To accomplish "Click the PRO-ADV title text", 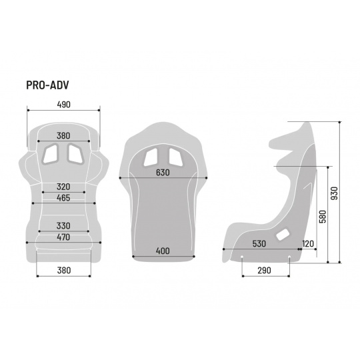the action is coord(47,85).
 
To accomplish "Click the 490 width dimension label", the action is coord(63,105).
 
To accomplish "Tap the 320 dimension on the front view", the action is coord(63,187).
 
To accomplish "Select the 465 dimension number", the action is coord(63,198).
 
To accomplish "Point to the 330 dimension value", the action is coord(63,226).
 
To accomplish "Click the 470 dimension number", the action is coord(63,237).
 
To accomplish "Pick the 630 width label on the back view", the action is coord(163,173).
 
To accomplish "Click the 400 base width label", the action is coord(163,251).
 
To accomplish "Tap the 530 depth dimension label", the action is coord(259,243).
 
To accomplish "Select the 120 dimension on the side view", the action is coord(308,243).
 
